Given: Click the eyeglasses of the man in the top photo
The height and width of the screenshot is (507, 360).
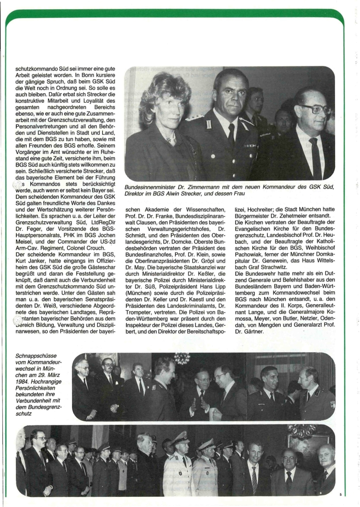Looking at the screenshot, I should [313, 109].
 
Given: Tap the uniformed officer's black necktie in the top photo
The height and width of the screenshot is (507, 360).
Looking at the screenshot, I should [231, 134].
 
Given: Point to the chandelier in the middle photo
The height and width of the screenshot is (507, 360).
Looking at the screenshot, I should [183, 358].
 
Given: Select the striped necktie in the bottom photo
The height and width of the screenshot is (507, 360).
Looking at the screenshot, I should [254, 479].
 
